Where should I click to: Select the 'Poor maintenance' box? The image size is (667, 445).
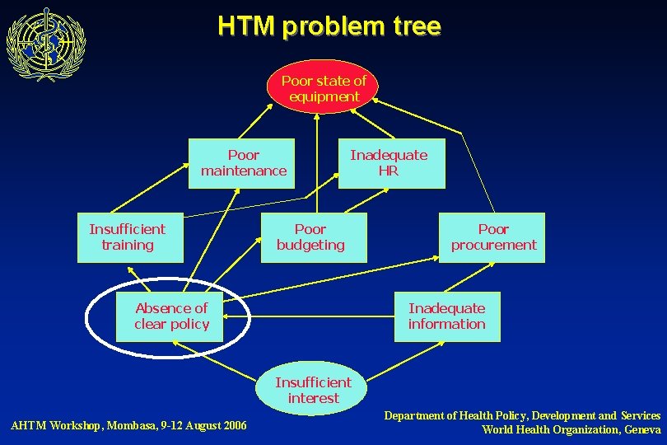[243, 163]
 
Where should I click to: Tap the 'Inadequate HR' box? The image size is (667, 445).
[390, 163]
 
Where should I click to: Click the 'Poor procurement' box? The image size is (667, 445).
[492, 237]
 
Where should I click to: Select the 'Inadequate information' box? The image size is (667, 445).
[446, 316]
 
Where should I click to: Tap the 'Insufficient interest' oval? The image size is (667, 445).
[312, 390]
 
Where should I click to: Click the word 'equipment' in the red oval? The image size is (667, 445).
[324, 96]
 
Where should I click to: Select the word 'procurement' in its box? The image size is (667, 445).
[493, 245]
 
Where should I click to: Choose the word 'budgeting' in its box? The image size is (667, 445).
[310, 245]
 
